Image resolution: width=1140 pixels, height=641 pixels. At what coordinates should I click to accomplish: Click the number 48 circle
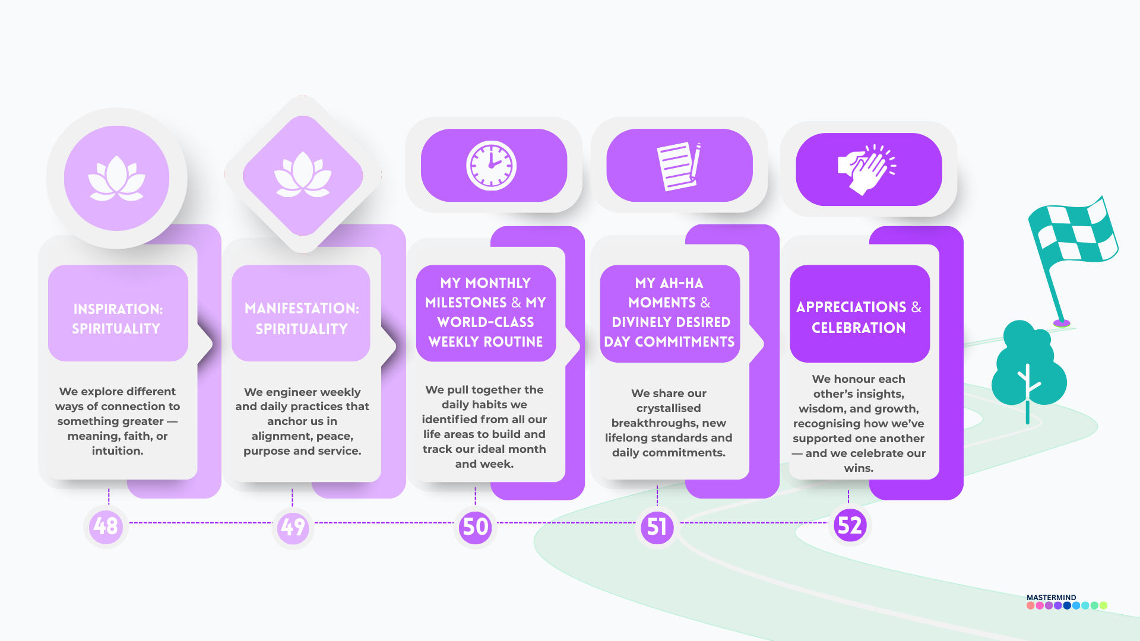tap(106, 526)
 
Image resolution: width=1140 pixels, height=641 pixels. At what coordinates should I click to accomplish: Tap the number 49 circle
tap(293, 527)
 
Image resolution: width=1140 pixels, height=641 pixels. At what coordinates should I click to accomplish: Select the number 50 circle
tap(476, 527)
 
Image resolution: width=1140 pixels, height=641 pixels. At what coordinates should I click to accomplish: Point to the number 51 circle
tap(657, 527)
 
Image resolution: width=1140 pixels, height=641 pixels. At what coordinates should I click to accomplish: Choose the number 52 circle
tap(849, 525)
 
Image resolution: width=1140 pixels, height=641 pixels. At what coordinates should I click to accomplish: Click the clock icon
tap(491, 166)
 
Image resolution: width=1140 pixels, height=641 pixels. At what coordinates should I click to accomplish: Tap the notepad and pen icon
tap(679, 166)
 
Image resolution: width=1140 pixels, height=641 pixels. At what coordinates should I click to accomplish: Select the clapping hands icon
tap(866, 170)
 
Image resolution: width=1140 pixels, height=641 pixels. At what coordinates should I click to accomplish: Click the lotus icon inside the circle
tap(116, 178)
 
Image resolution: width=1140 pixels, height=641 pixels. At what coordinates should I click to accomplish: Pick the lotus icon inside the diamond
tap(303, 175)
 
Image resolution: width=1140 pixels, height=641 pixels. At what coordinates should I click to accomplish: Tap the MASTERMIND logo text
tap(1051, 598)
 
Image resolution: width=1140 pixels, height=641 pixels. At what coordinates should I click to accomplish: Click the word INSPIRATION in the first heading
tap(117, 309)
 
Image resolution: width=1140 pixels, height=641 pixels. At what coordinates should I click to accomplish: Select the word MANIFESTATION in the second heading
tap(301, 309)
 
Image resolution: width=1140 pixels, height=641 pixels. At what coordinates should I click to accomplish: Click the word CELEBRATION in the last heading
tap(859, 328)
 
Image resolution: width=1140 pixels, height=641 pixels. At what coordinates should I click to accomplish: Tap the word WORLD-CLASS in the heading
tap(486, 322)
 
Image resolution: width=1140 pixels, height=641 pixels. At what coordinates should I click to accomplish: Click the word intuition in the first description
tap(117, 451)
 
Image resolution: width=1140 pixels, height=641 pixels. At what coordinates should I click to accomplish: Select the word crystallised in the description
tap(669, 408)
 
